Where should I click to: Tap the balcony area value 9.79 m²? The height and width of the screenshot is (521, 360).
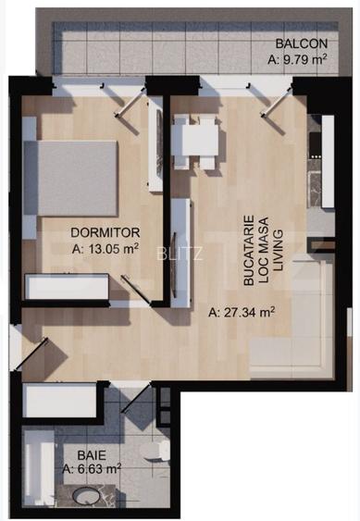(x=300, y=61)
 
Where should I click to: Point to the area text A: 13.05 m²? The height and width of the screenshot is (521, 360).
(x=105, y=248)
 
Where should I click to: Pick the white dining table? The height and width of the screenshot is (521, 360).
(x=199, y=141)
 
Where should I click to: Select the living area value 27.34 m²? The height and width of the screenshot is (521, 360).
(x=243, y=311)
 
